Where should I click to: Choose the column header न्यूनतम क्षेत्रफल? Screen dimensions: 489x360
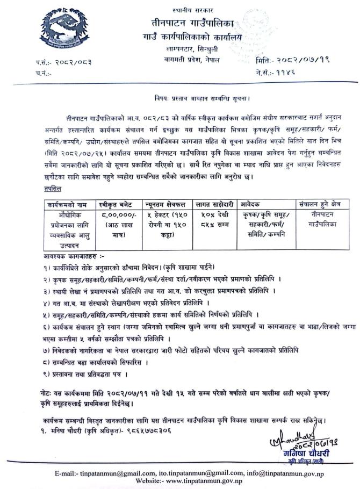[163, 204]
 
